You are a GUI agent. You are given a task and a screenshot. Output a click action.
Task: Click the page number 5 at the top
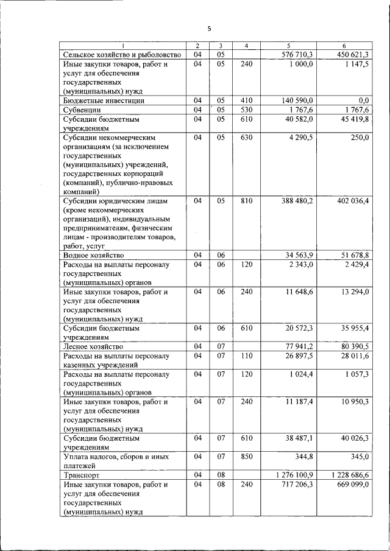(208, 29)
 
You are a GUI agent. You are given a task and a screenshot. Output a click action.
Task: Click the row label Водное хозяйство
(93, 255)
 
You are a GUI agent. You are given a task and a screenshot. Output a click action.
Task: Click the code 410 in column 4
(246, 100)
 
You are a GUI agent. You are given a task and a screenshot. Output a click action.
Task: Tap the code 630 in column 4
(246, 138)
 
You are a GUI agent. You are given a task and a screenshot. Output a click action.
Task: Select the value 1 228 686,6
(349, 474)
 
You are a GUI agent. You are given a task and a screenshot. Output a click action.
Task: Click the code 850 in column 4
(246, 455)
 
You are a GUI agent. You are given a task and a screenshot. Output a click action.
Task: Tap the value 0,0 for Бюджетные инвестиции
(364, 100)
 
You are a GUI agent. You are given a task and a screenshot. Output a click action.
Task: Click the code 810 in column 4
(246, 200)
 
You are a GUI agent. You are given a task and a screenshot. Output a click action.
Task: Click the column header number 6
(344, 46)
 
